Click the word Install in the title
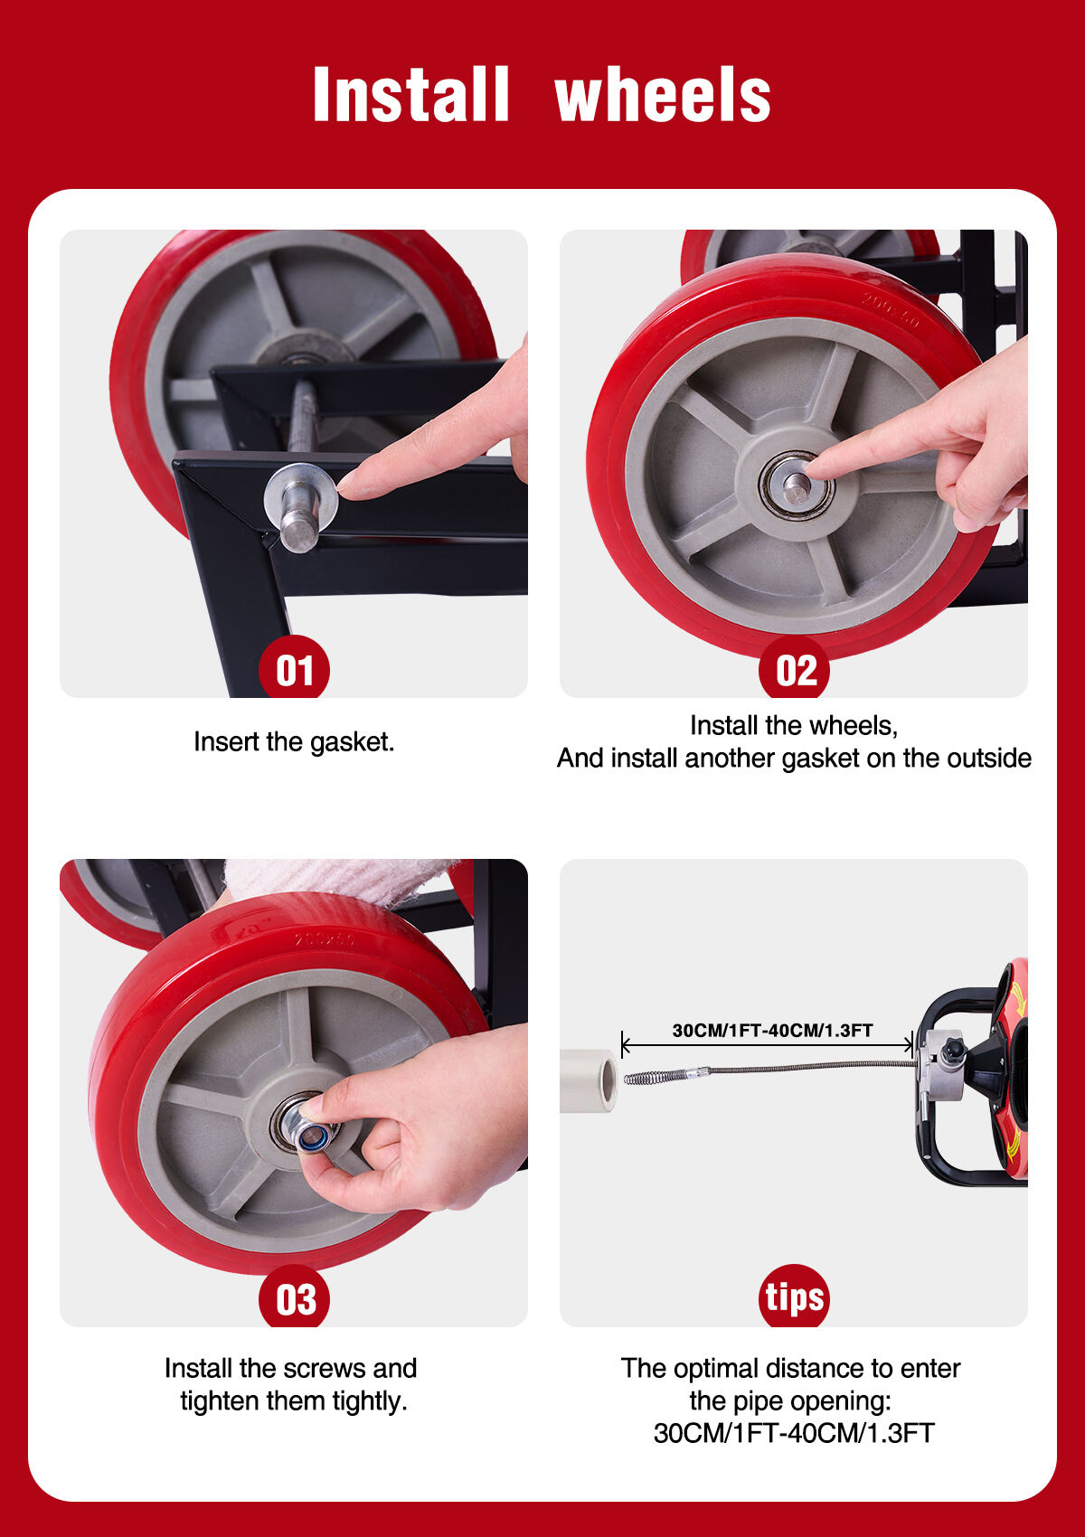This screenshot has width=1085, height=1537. [x=410, y=94]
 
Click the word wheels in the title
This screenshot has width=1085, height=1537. [x=663, y=94]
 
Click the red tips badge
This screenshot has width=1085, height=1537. [x=794, y=1297]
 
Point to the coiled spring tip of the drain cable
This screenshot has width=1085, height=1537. [x=642, y=1080]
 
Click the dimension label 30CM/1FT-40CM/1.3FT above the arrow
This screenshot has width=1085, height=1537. [x=772, y=1030]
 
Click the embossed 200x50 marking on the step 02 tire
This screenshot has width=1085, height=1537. [x=891, y=309]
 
